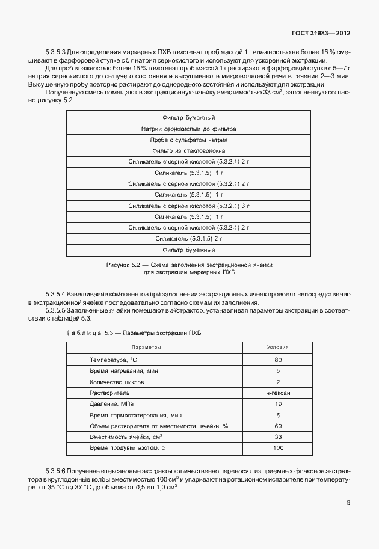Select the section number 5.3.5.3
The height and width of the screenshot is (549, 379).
coord(58,52)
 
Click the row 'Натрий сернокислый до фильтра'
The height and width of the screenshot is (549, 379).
coord(188,129)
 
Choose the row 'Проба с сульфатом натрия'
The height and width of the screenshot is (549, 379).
coord(188,140)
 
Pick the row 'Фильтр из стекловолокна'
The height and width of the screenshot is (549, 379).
coord(188,150)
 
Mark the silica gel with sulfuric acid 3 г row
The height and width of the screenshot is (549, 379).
coord(188,206)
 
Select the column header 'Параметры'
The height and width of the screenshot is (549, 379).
coord(146,348)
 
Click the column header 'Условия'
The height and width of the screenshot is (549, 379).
coord(277,348)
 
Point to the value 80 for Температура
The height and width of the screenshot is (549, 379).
coord(277,360)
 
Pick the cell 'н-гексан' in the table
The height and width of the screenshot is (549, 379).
coord(277,393)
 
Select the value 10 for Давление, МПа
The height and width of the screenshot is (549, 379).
coord(277,404)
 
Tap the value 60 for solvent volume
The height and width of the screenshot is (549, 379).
coord(277,426)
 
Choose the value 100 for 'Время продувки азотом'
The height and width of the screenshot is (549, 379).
coord(277,449)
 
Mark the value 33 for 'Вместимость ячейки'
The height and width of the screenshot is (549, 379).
coord(277,437)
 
